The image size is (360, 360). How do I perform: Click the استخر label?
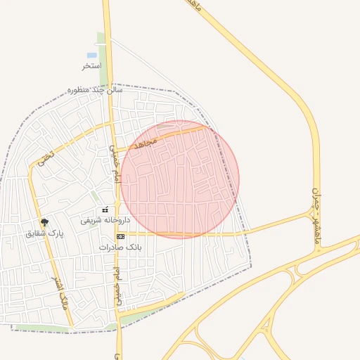(91, 65)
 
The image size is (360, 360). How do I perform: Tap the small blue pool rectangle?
(92, 55)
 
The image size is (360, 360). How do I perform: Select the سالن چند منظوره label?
(95, 90)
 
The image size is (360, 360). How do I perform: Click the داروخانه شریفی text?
(99, 219)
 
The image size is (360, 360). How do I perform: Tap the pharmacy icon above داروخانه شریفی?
(105, 209)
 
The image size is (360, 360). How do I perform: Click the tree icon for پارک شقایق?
(44, 222)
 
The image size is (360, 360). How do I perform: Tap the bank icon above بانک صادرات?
(120, 237)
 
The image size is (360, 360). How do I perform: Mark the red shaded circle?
(180, 179)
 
